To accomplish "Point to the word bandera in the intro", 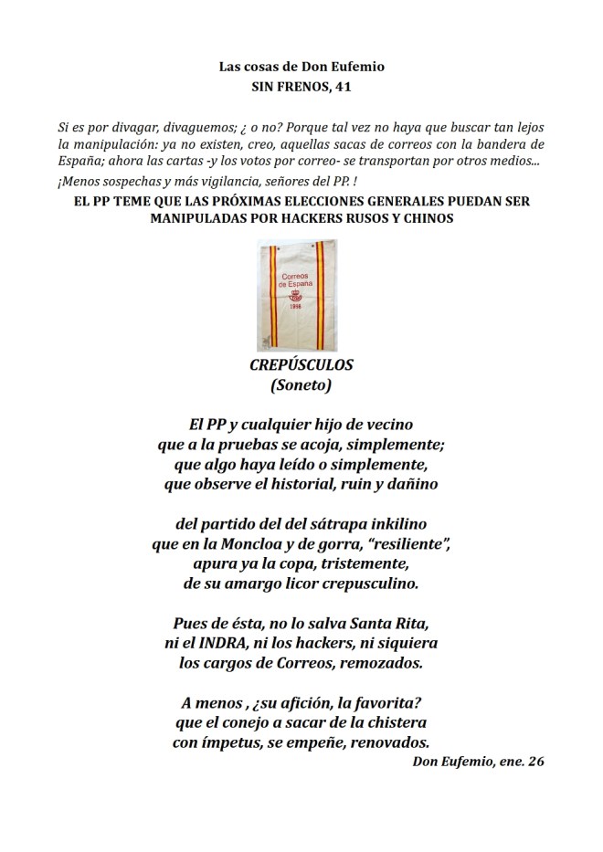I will pyautogui.click(x=504, y=145).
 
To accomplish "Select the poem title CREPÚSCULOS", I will pyautogui.click(x=301, y=365).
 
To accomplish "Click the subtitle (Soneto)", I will pyautogui.click(x=301, y=386).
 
